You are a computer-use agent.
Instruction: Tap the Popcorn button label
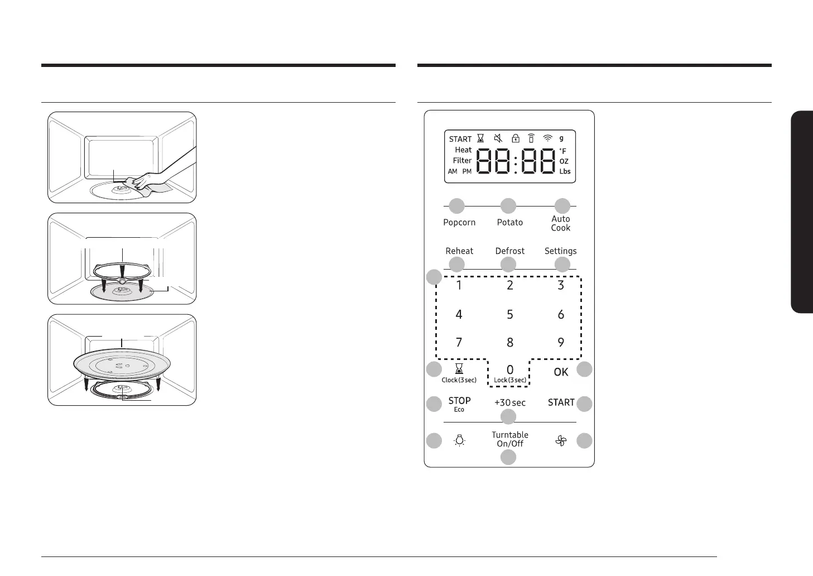pyautogui.click(x=459, y=223)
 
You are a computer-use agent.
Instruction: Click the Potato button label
pyautogui.click(x=509, y=222)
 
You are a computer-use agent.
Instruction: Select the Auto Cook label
pyautogui.click(x=561, y=223)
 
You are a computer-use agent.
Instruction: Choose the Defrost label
pyautogui.click(x=509, y=251)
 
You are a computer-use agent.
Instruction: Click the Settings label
pyautogui.click(x=560, y=251)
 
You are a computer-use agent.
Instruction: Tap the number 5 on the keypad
pyautogui.click(x=510, y=314)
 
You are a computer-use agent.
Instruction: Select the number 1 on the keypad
pyautogui.click(x=459, y=285)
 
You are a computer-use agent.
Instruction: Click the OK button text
pyautogui.click(x=561, y=372)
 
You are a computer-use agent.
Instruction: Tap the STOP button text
pyautogui.click(x=459, y=401)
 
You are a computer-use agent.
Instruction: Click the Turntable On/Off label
pyautogui.click(x=510, y=439)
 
